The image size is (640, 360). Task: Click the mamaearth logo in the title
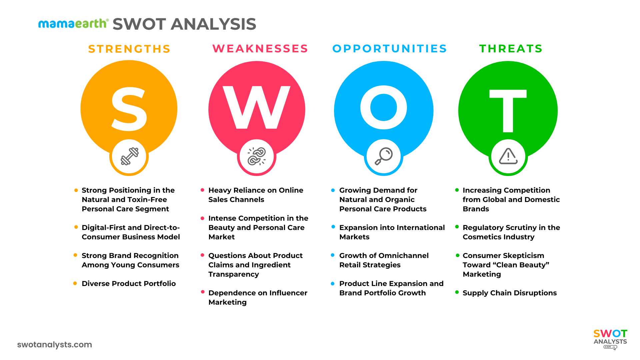[73, 24]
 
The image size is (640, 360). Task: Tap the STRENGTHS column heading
[129, 49]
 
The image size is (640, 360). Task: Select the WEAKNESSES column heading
[260, 49]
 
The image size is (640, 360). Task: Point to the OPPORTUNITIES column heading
[389, 49]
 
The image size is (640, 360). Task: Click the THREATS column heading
[511, 49]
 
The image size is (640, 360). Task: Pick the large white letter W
[256, 107]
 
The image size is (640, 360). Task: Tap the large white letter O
[384, 107]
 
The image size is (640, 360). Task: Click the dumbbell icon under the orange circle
[129, 156]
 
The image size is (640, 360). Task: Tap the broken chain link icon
[256, 156]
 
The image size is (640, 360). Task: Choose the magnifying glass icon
[384, 156]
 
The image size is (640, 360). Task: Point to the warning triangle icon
[508, 156]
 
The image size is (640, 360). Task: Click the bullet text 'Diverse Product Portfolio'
[129, 284]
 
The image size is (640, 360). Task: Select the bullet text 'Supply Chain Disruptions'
[509, 293]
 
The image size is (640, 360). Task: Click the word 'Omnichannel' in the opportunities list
[407, 256]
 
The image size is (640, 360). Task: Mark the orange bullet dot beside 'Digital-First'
[76, 227]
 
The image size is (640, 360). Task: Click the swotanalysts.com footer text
[55, 345]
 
